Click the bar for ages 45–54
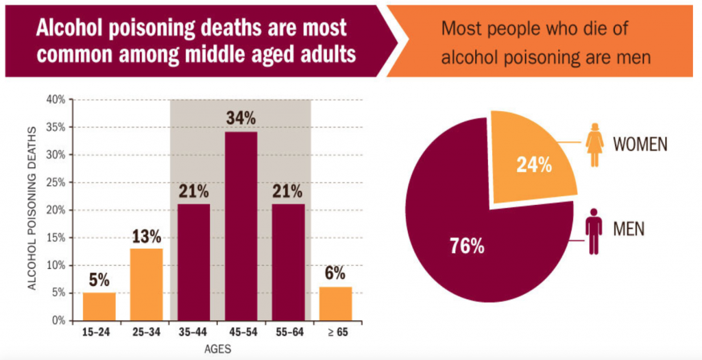click(241, 226)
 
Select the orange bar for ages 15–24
click(99, 306)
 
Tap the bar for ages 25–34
click(146, 284)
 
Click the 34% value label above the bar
click(241, 119)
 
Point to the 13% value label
click(146, 237)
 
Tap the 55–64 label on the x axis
click(288, 335)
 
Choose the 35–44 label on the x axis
click(193, 335)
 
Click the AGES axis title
click(217, 350)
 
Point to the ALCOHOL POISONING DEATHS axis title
click(32, 210)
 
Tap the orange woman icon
click(594, 145)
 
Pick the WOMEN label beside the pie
click(640, 145)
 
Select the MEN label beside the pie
click(629, 229)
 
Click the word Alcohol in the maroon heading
click(73, 29)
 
